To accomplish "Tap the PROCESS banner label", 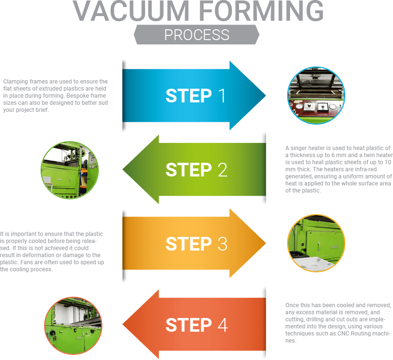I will (196, 35).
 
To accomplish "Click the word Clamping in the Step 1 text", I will (13, 81).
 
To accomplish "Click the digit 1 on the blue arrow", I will (222, 96).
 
